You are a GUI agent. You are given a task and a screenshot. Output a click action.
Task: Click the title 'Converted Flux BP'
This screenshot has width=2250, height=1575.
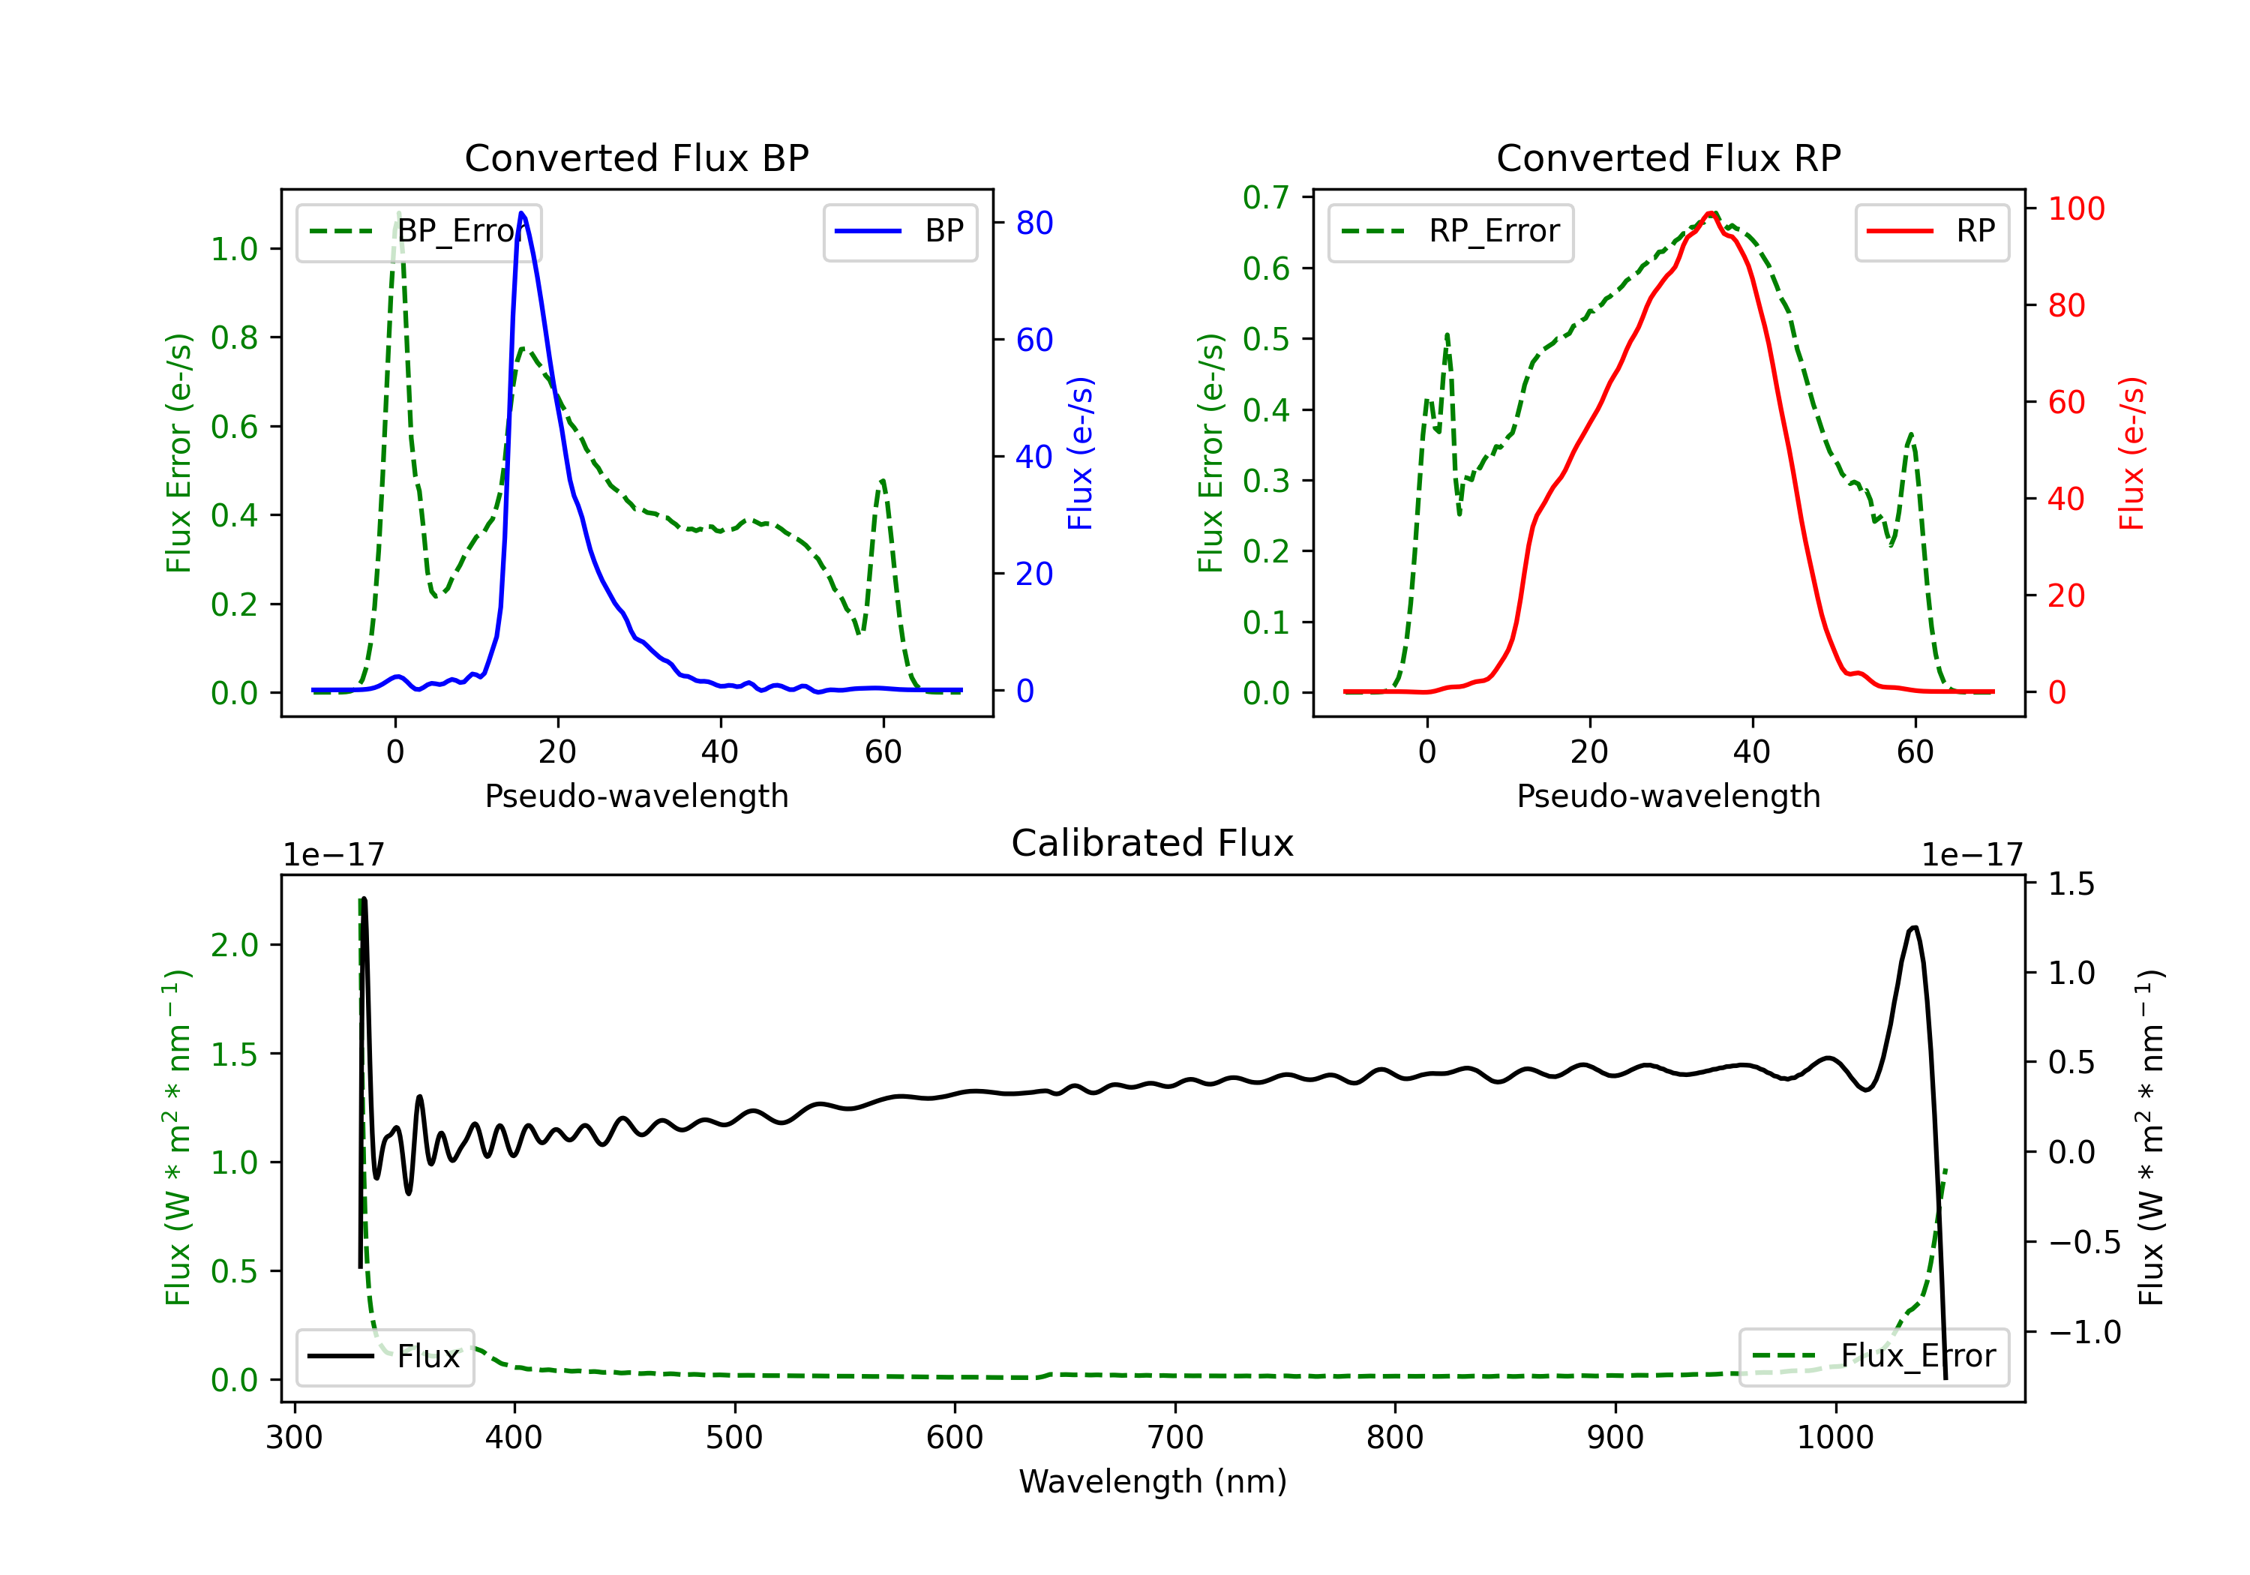click(636, 157)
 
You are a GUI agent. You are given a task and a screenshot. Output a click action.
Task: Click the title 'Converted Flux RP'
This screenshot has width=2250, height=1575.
click(1668, 157)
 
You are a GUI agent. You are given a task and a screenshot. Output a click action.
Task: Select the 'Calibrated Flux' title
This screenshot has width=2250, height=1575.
click(1153, 843)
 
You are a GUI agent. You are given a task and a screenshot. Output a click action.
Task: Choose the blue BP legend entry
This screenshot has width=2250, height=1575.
click(899, 231)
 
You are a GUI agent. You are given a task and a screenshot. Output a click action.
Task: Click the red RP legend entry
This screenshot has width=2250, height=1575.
click(1930, 231)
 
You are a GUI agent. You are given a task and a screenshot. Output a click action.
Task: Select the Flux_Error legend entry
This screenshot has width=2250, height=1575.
click(1873, 1357)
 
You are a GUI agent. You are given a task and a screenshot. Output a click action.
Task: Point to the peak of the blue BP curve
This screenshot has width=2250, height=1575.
click(521, 213)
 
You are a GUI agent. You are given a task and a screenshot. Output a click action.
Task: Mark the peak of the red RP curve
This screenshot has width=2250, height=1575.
click(1710, 213)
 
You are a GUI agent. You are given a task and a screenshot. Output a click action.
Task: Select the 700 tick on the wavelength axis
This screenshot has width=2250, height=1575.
click(1175, 1438)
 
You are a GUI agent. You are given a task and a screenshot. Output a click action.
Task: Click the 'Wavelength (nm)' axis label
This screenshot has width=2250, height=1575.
click(1153, 1482)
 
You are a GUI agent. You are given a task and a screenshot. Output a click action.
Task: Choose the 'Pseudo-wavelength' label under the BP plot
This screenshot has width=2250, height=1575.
click(636, 796)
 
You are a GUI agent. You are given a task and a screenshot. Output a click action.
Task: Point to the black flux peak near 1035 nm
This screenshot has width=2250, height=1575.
click(1914, 927)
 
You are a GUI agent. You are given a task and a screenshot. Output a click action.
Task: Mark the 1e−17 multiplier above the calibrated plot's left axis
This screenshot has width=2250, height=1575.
click(333, 856)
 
